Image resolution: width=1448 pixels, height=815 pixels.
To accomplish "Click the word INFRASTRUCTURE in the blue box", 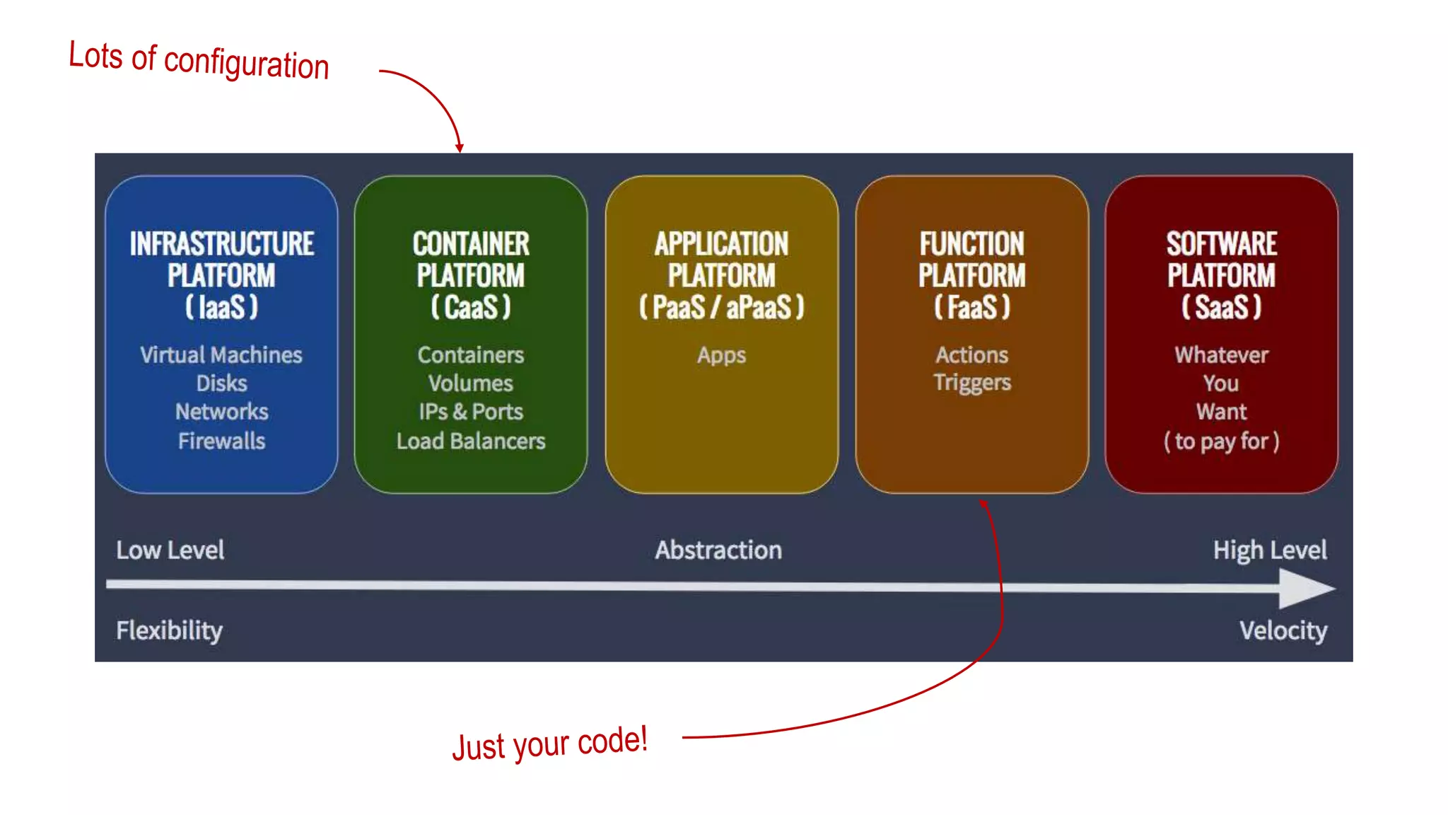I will [221, 244].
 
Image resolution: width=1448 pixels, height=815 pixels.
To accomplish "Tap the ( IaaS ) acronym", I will [221, 307].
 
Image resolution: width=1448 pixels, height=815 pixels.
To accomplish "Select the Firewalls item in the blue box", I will [221, 441].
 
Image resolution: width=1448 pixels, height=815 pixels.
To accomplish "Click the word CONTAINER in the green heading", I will [471, 244].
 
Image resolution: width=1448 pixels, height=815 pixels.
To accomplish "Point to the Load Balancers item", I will [471, 441].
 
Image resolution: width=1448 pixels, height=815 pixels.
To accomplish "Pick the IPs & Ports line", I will [471, 412].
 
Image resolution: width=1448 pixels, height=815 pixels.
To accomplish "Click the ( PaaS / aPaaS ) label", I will [721, 307].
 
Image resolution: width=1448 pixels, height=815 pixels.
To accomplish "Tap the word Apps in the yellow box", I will [721, 354].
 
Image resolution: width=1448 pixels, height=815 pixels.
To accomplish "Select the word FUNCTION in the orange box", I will [971, 244].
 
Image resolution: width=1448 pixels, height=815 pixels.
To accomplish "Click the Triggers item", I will [972, 383].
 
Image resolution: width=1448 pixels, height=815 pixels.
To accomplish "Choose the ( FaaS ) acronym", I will [971, 307].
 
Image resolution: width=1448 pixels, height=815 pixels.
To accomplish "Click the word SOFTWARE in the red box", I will [1221, 244].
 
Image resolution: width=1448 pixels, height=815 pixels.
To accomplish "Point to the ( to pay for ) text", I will [1221, 441].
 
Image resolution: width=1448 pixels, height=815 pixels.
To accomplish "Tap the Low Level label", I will [170, 550].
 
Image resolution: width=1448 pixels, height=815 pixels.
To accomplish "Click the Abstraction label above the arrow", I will [718, 550].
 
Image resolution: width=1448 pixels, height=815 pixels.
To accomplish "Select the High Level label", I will [1270, 550].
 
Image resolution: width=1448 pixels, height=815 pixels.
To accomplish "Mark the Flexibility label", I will [169, 630].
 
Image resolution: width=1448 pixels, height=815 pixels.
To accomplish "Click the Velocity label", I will [1283, 630].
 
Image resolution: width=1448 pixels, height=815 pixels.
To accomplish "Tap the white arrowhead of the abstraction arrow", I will [1305, 588].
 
